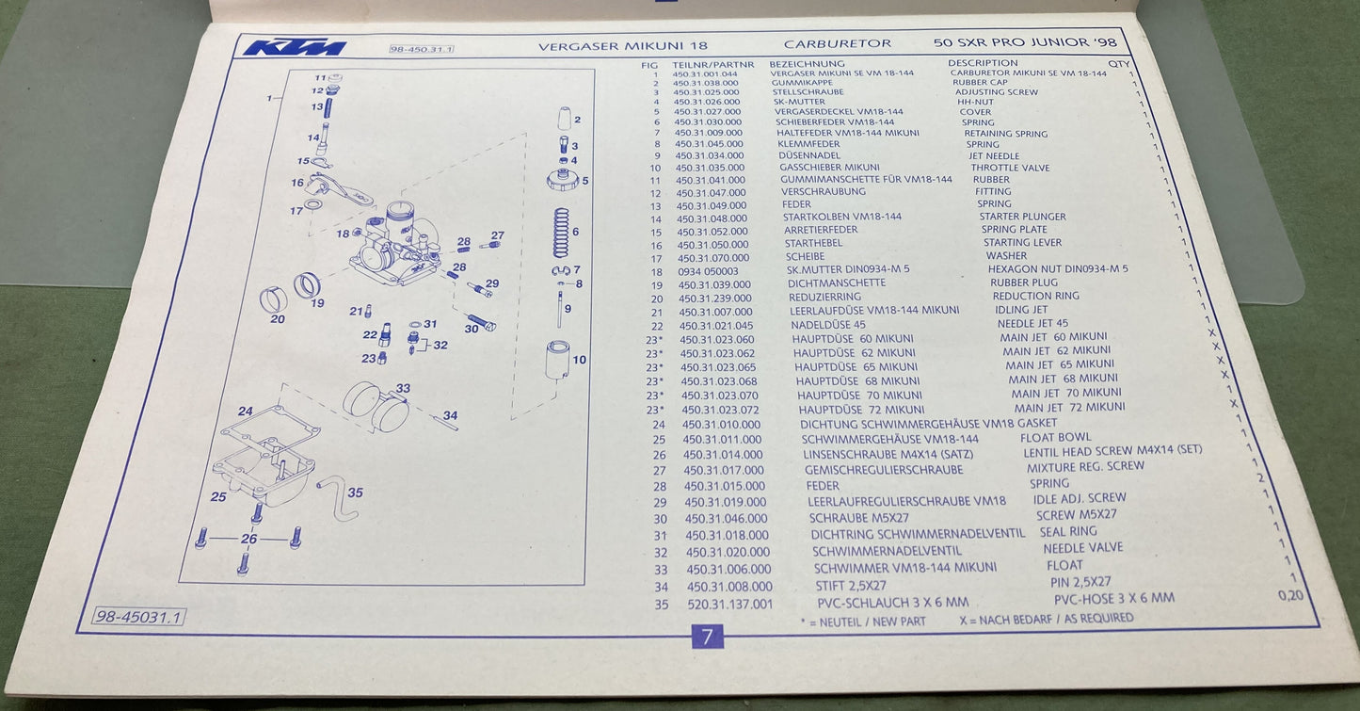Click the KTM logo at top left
[x=294, y=47]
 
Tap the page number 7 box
[x=706, y=637]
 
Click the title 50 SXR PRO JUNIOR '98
[x=1012, y=43]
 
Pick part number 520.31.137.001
[x=729, y=604]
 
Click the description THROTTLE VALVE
[x=1010, y=168]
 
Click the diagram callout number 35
[x=355, y=493]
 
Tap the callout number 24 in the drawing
[x=246, y=412]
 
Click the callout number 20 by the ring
[x=277, y=318]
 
